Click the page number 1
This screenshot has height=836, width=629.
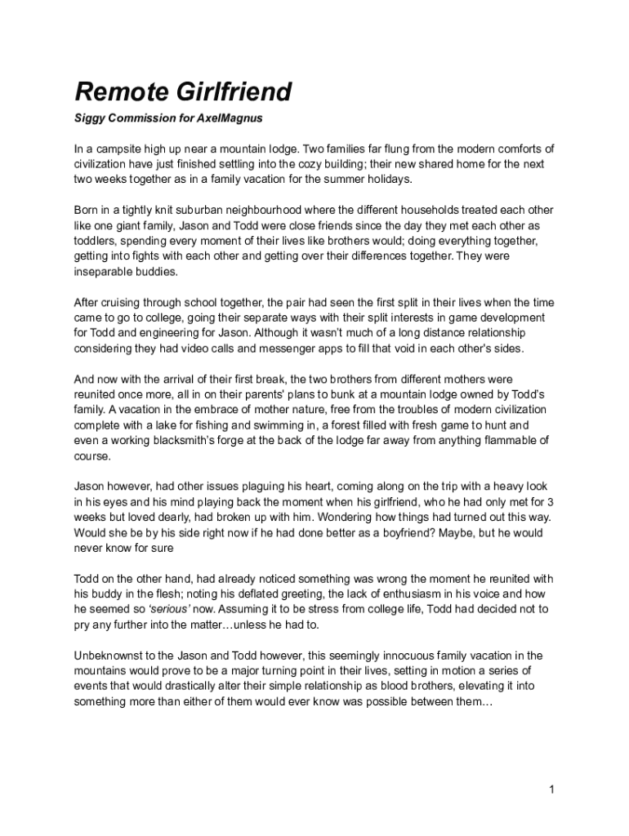point(552,789)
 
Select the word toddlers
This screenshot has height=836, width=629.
point(98,241)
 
